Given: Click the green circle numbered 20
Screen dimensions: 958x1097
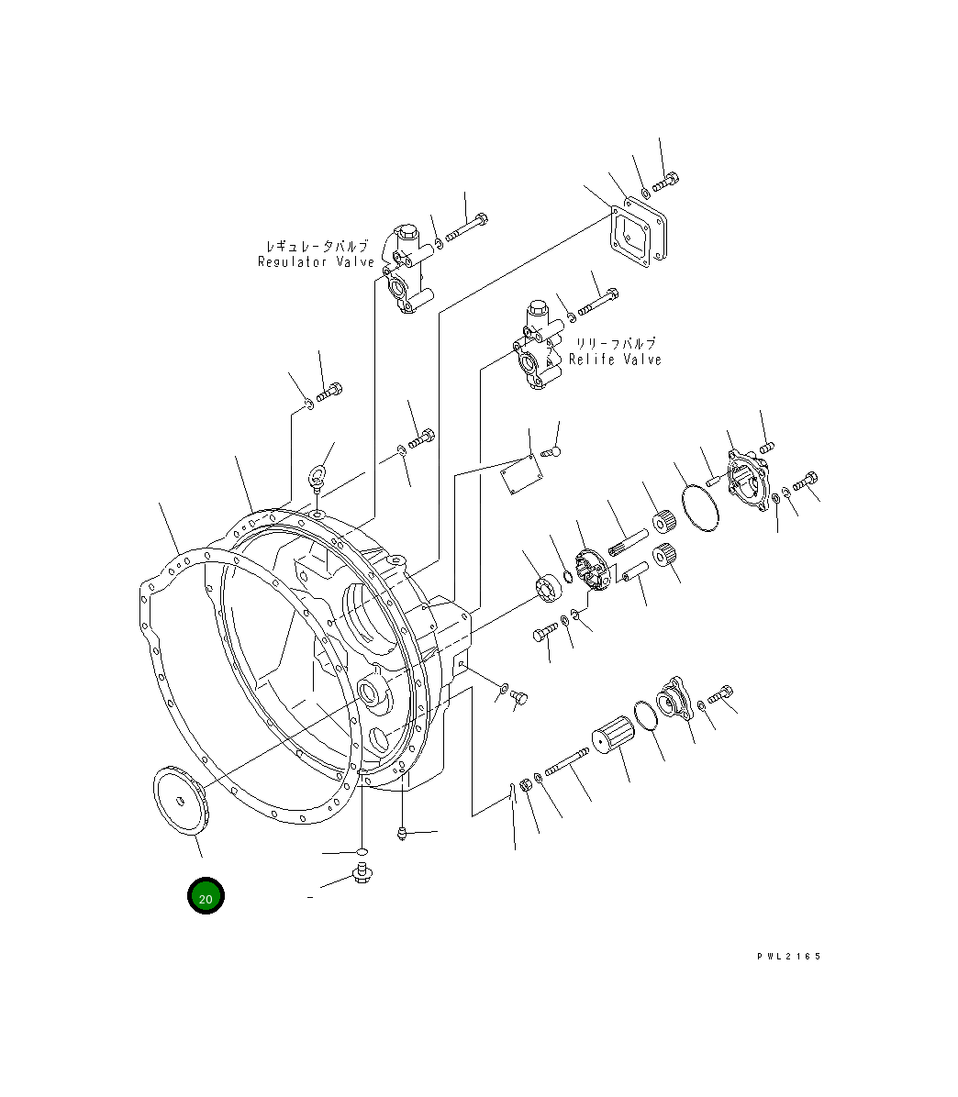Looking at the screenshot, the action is coord(206,895).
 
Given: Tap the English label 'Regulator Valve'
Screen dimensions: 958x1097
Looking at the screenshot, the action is coord(317,261).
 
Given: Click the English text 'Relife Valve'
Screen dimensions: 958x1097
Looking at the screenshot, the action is coord(615,360).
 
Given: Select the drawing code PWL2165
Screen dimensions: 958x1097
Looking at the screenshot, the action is coord(788,957).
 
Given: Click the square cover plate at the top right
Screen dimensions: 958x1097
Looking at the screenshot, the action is coord(639,231).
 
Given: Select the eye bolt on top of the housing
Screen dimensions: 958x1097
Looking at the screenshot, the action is coord(317,479).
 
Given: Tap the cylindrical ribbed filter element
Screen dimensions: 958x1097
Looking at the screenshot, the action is coord(613,735).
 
